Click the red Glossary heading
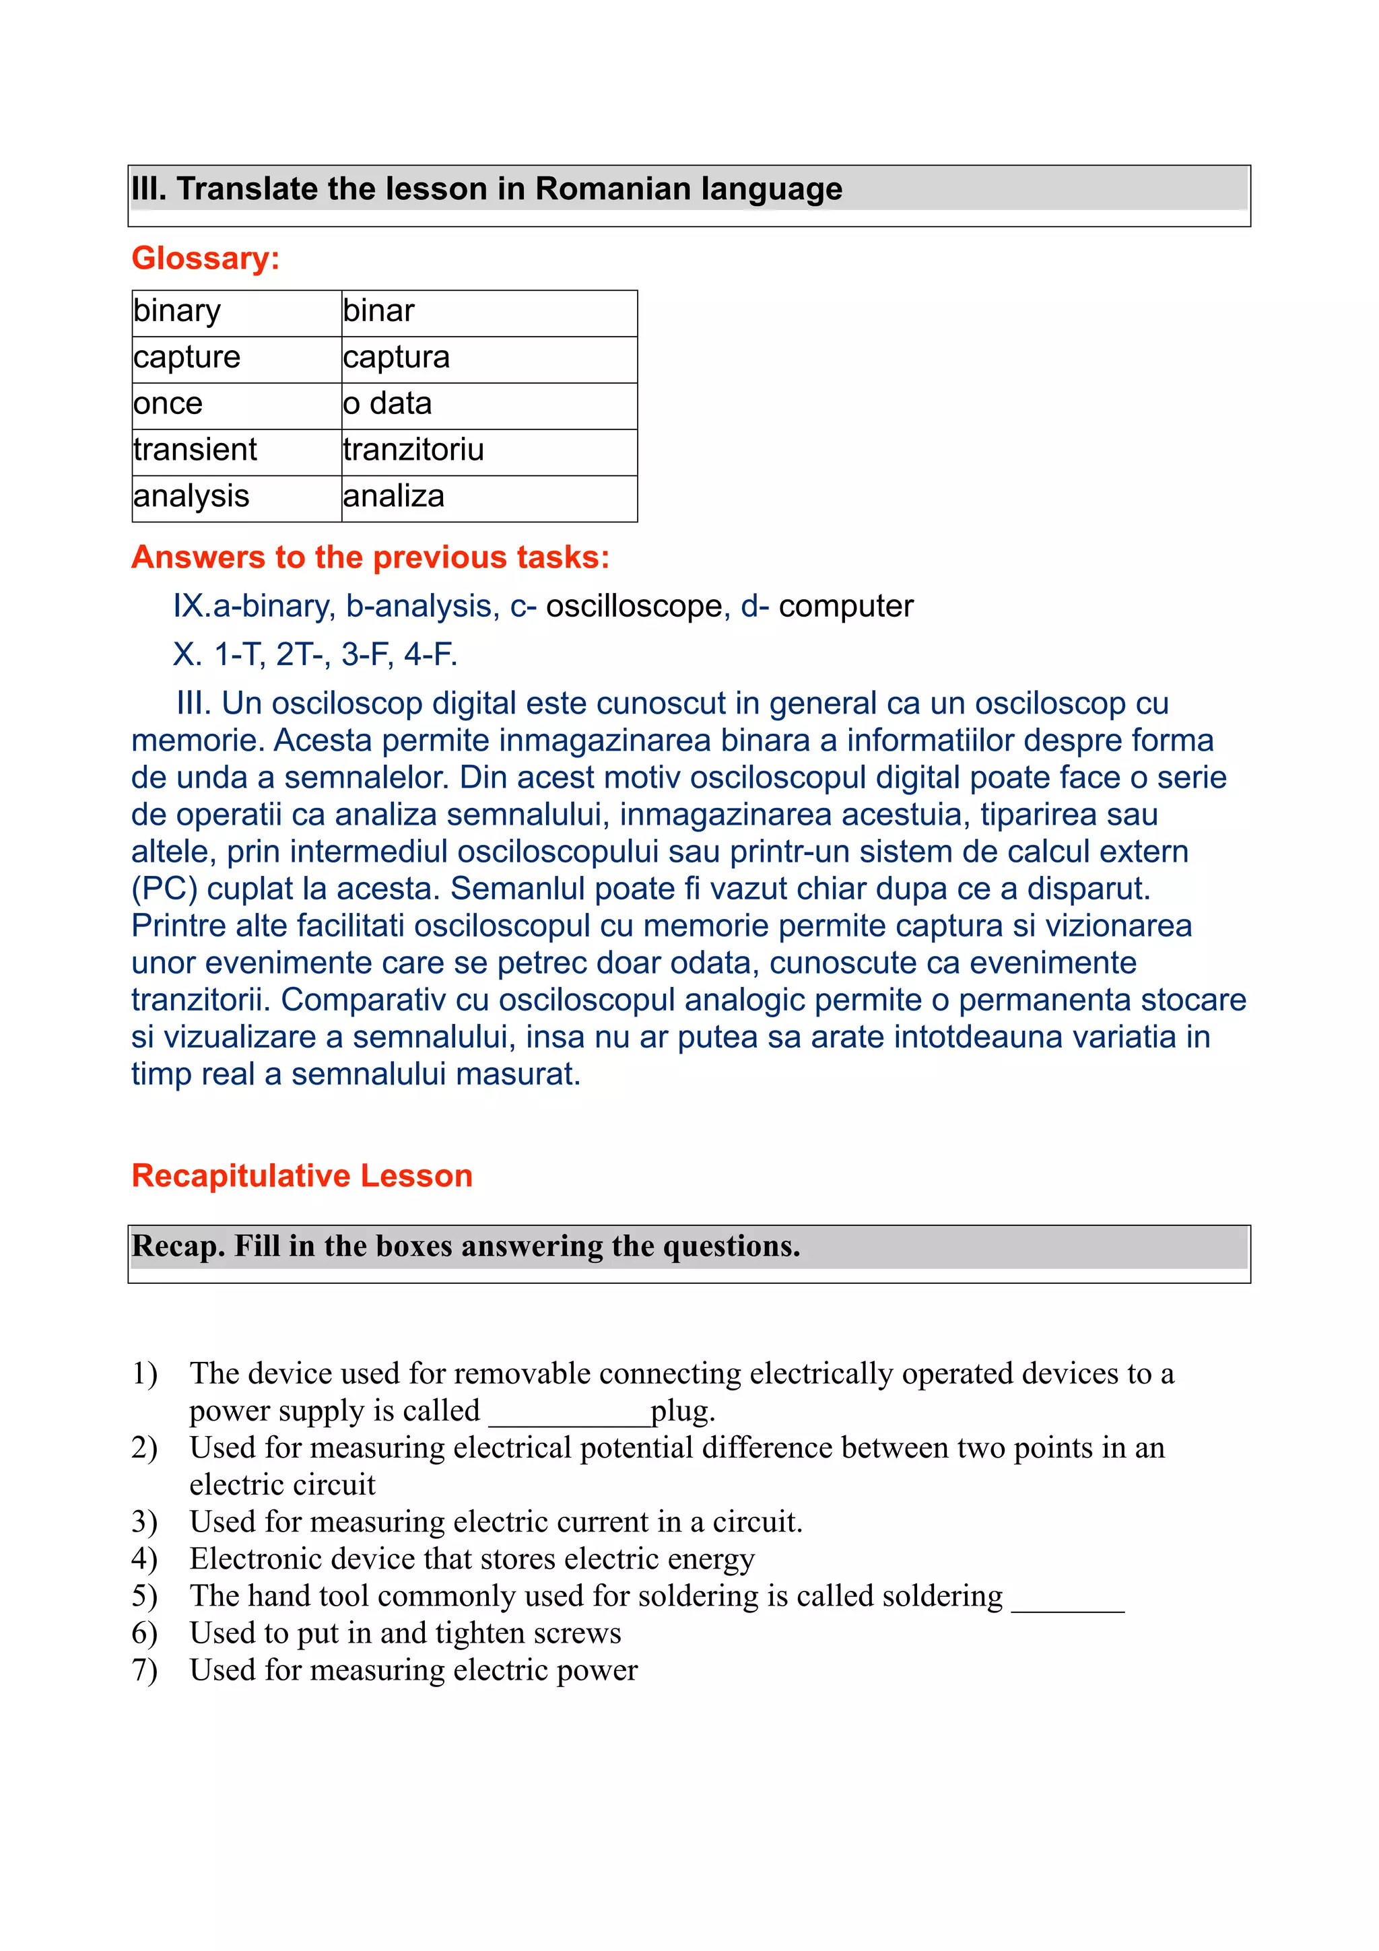point(205,259)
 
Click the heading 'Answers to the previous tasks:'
point(370,557)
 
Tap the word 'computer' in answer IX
point(846,607)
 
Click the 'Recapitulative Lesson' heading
point(302,1176)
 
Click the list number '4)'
point(145,1559)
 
